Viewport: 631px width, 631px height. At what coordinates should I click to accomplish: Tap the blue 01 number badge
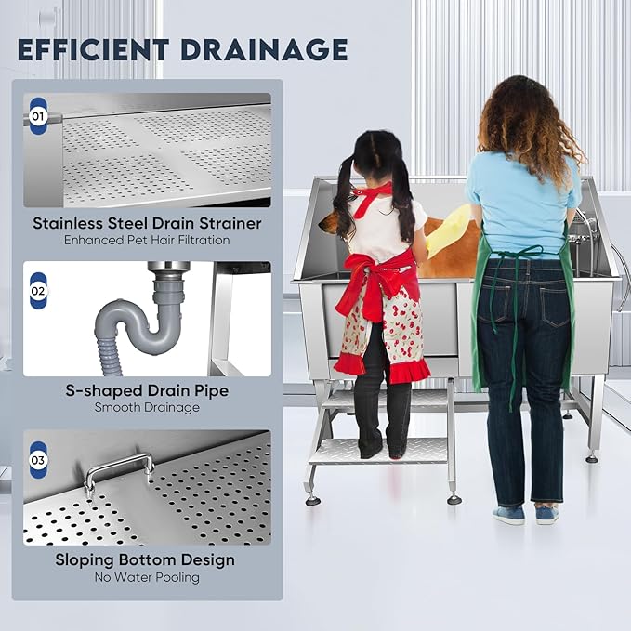[x=38, y=117]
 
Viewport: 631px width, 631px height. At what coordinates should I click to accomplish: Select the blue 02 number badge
[x=38, y=291]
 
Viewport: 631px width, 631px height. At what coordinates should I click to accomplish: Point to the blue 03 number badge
[x=38, y=460]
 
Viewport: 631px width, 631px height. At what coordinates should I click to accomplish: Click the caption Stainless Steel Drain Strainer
[x=147, y=223]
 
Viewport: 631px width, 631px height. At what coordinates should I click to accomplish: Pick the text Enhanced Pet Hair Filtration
[x=147, y=240]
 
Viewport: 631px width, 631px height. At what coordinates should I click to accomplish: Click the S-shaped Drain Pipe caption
[x=147, y=390]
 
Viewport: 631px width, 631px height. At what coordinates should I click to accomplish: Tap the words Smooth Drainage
[x=147, y=407]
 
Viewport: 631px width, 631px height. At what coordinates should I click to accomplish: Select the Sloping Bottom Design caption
[x=147, y=560]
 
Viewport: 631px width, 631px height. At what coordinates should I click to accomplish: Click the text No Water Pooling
[x=147, y=577]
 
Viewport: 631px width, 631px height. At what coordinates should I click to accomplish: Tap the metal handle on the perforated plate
[x=119, y=470]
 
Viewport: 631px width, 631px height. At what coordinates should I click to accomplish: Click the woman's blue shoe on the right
[x=548, y=515]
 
